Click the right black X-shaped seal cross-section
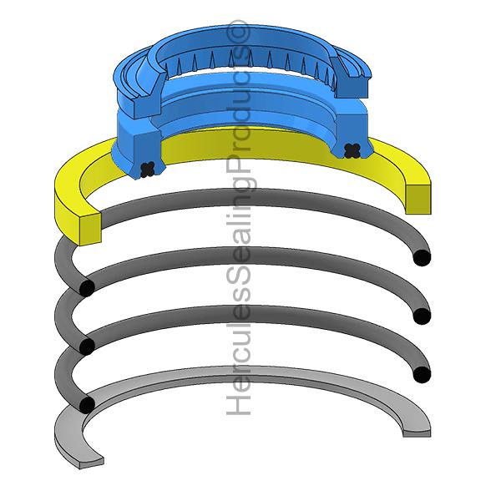(352, 150)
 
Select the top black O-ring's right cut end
(423, 257)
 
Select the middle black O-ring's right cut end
(423, 316)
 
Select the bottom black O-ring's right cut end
(423, 373)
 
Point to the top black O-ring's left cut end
(85, 288)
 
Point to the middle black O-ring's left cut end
(85, 346)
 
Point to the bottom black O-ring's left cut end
(85, 405)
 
